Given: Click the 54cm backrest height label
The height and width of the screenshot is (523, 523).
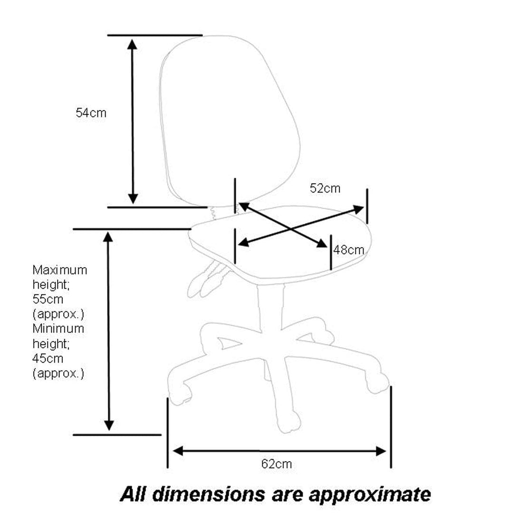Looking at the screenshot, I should (x=91, y=113).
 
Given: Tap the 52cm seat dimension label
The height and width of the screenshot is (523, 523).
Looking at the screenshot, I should (x=325, y=188).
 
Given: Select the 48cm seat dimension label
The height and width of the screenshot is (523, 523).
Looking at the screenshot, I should (x=349, y=250).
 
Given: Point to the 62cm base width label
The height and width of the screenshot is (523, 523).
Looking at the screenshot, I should (x=277, y=464).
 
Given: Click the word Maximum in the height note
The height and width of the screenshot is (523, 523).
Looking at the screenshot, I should (x=59, y=270).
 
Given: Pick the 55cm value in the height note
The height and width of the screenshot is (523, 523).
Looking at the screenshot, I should (x=48, y=300).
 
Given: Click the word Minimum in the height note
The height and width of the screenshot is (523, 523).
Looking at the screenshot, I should (x=58, y=329).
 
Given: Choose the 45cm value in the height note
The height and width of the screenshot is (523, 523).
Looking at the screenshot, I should (x=48, y=358).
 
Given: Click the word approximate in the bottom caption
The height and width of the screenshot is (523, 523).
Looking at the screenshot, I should (x=370, y=494).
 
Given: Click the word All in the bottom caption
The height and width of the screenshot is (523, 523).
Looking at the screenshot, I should (x=135, y=494).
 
